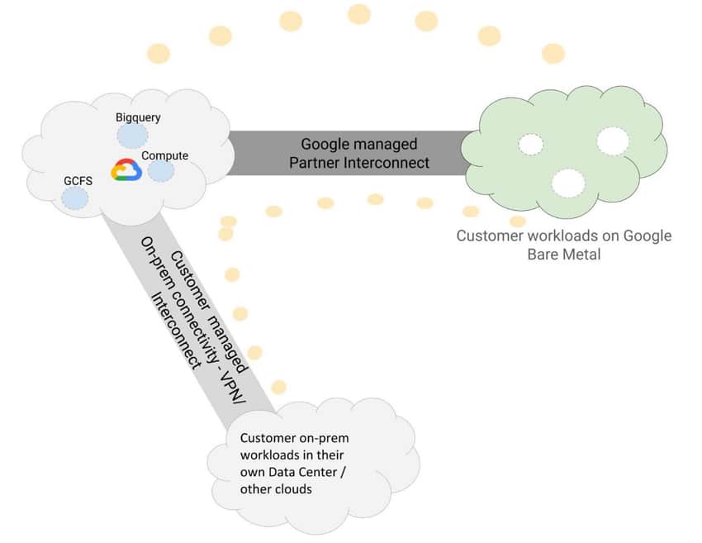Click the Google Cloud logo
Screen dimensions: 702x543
coord(126,169)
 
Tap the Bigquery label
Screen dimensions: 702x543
coord(138,117)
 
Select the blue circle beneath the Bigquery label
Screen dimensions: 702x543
coord(132,136)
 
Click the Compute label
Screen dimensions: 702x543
coord(164,155)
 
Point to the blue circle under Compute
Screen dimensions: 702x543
coord(161,171)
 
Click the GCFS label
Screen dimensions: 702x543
coord(78,180)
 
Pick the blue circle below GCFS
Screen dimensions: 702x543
coord(75,198)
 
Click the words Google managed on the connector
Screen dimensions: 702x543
coord(359,145)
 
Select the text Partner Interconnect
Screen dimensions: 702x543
coord(359,163)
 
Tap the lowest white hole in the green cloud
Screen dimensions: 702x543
coord(568,183)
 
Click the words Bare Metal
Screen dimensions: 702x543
coord(564,255)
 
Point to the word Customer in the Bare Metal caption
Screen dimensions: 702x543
coord(490,236)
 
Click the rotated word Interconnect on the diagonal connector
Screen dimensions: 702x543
coord(176,331)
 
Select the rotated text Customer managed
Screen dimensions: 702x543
coord(209,312)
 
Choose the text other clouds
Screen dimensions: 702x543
coord(276,488)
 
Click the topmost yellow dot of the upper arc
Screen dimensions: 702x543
coord(359,14)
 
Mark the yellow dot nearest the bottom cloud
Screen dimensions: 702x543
coord(278,387)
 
